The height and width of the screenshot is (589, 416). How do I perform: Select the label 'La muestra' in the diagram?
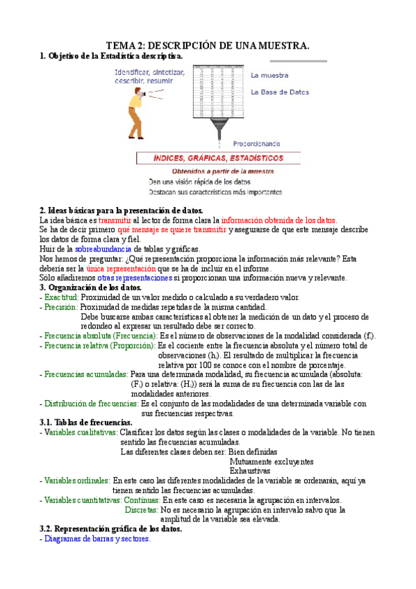269,75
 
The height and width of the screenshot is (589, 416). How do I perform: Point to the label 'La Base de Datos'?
280,92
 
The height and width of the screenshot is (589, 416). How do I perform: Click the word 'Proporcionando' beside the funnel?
256,144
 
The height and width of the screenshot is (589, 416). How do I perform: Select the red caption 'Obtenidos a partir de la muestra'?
222,171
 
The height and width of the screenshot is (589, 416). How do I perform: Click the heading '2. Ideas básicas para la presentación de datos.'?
122,210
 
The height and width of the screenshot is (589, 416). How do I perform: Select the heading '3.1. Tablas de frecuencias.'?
86,422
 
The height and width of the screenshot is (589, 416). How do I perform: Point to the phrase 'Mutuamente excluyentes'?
271,461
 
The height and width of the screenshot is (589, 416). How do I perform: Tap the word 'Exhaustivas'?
249,471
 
